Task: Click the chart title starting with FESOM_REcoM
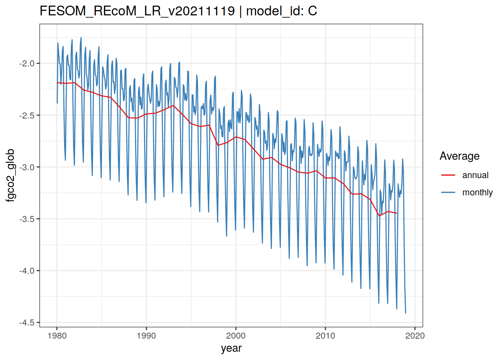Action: (178, 11)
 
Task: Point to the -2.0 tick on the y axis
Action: (27, 63)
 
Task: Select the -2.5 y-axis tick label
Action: (27, 115)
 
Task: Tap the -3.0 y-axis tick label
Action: (27, 167)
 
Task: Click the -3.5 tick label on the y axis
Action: (27, 219)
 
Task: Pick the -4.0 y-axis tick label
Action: (27, 271)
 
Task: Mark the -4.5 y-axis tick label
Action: (27, 322)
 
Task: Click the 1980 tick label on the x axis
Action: (57, 336)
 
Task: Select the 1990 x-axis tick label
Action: (146, 336)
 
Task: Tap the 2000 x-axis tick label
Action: (236, 336)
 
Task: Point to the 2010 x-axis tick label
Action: (325, 336)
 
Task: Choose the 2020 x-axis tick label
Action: (415, 336)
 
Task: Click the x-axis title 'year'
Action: (231, 348)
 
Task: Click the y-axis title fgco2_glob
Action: (10, 175)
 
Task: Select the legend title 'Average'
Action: (459, 156)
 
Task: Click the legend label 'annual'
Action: (475, 175)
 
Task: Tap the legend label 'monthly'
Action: (477, 192)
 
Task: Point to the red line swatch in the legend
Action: (448, 175)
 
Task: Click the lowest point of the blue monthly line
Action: (406, 313)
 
